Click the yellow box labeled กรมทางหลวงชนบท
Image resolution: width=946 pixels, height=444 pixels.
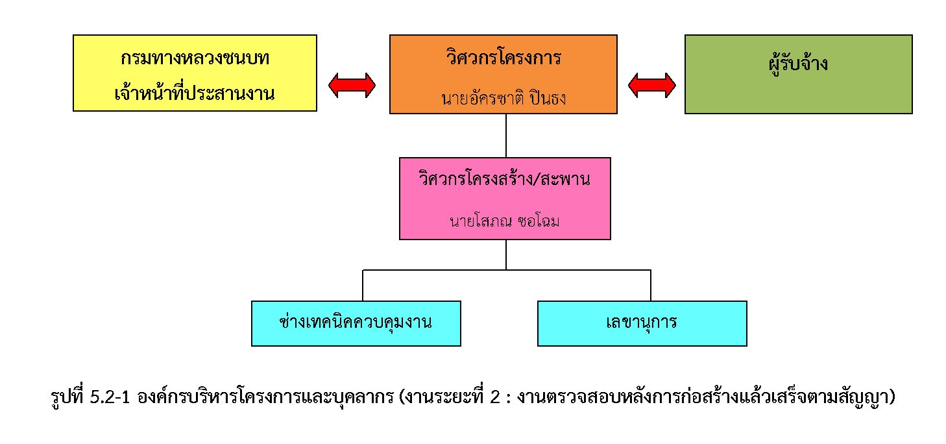195,73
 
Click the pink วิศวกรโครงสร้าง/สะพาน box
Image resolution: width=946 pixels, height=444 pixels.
505,199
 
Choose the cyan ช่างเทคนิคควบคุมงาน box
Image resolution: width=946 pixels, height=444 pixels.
356,323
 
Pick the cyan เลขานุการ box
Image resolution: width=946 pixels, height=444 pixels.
642,323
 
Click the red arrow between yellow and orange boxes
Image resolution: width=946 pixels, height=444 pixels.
352,85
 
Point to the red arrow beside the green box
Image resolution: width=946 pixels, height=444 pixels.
652,85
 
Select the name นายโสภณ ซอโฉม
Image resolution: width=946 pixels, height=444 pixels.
504,221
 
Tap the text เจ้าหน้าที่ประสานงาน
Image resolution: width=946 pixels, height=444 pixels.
195,93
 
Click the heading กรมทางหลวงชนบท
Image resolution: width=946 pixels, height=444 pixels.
195,58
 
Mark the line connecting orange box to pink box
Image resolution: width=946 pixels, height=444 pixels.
505,136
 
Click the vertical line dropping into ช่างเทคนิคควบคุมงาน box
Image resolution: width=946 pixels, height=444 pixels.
363,286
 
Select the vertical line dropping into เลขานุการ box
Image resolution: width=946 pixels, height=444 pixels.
651,286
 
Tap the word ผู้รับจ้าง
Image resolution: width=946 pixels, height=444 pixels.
797,64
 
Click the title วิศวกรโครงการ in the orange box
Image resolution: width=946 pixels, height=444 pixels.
503,58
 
